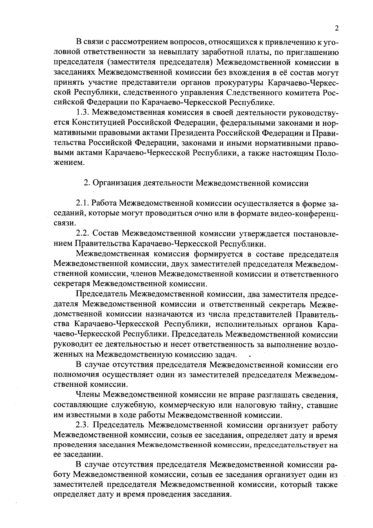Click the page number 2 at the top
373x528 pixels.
[x=337, y=28]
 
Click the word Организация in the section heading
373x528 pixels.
[x=115, y=183]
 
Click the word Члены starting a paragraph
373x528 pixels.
[x=88, y=395]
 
